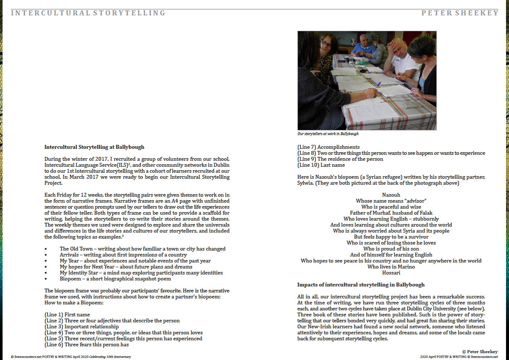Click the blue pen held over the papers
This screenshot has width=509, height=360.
point(378,84)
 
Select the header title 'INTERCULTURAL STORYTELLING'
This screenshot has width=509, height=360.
point(88,13)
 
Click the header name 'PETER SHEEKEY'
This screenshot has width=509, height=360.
point(460,13)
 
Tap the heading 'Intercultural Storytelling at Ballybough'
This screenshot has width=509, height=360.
point(94,147)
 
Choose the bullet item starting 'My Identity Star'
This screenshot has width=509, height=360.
point(141,273)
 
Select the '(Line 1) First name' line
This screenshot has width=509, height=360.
point(67,315)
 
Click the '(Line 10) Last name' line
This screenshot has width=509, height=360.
point(321,165)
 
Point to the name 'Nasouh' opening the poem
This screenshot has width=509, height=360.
point(391,195)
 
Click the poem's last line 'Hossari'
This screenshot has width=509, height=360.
point(391,273)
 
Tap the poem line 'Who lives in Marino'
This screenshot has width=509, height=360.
point(391,267)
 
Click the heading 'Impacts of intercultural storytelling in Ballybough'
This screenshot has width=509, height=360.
point(361,285)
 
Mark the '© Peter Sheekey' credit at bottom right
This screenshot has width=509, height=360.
point(480,351)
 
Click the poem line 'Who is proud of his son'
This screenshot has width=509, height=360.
point(391,249)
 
